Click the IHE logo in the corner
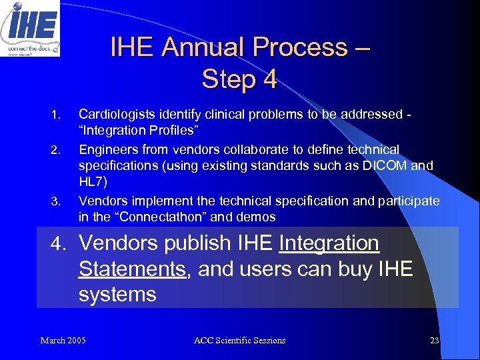[x=30, y=28]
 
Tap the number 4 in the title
[x=269, y=79]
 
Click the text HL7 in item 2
[x=91, y=182]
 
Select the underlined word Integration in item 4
[x=329, y=243]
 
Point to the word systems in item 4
[x=117, y=294]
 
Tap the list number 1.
[x=57, y=114]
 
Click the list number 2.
[x=57, y=149]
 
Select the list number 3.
[x=57, y=201]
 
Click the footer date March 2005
[x=63, y=341]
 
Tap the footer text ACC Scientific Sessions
[x=239, y=341]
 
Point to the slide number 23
[x=434, y=341]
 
